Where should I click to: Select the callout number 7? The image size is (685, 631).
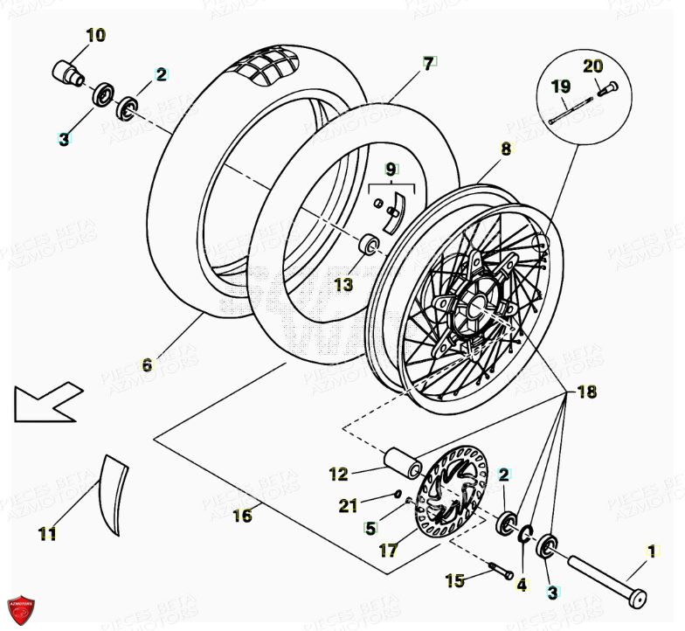click(428, 63)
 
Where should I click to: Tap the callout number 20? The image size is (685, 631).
click(593, 66)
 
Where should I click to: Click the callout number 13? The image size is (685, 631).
click(342, 284)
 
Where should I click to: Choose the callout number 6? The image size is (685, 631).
click(147, 364)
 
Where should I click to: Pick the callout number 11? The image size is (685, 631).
click(47, 533)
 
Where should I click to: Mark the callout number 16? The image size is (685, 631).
click(242, 516)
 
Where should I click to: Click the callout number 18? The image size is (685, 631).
click(586, 392)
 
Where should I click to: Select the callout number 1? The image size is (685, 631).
click(650, 551)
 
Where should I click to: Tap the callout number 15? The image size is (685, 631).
click(455, 579)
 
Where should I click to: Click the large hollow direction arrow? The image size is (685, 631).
click(48, 402)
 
